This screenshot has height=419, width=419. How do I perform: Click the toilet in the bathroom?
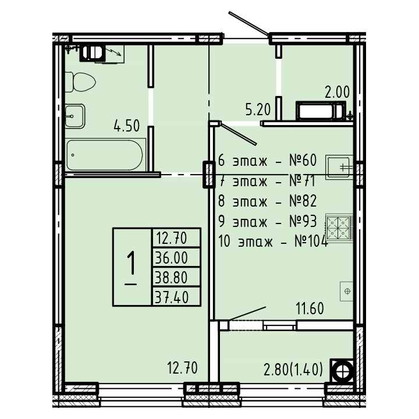80,82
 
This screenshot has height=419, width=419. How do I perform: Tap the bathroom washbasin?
75,116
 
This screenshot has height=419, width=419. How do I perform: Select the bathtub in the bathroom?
105,155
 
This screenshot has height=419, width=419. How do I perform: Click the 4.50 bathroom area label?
127,126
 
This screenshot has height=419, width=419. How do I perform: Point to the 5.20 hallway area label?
258,109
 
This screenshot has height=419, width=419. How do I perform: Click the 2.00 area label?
337,92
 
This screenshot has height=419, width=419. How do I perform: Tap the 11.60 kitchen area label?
310,308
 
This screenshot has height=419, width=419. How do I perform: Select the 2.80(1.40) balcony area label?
293,370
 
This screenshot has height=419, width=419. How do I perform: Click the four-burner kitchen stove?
339,228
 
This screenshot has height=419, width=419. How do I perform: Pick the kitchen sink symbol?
339,167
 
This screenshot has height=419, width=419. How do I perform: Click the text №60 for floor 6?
303,161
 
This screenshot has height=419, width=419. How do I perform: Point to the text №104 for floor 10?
311,242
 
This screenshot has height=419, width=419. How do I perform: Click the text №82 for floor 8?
303,201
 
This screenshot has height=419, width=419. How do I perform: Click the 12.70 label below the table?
182,367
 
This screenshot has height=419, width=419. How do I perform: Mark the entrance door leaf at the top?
248,23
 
